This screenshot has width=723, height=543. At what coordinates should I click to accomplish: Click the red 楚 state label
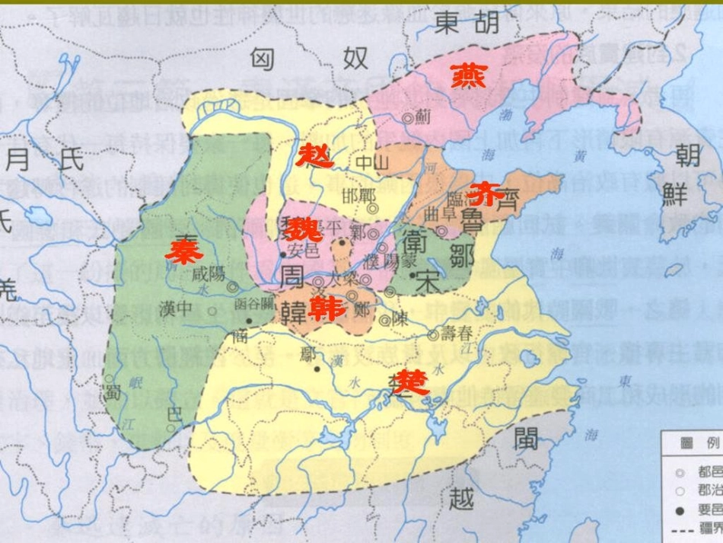[x=411, y=380]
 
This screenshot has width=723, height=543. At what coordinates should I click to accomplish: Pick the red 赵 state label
[x=315, y=155]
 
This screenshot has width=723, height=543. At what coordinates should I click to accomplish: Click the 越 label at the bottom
[x=461, y=498]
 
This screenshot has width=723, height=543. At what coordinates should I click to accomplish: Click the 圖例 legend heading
[x=692, y=442]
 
